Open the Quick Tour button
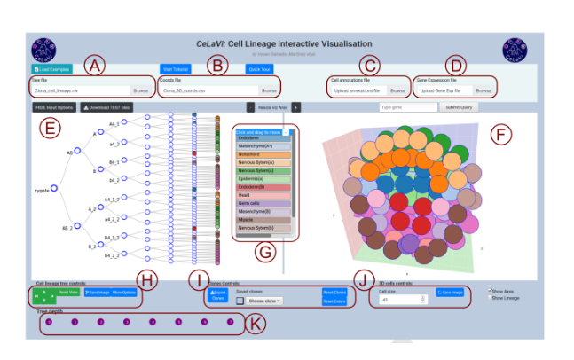[260, 68]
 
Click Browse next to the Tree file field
[140, 90]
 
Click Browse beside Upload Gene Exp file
[482, 90]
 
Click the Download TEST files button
[106, 107]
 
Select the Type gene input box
[407, 107]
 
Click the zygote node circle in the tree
[53, 188]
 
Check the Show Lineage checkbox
[490, 297]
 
